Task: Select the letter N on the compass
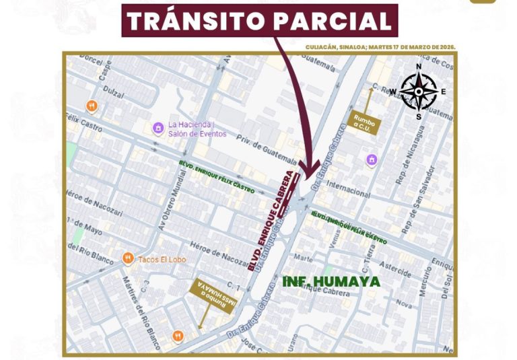click(x=418, y=67)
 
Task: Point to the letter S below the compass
click(x=418, y=116)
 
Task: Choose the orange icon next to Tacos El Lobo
click(x=127, y=258)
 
